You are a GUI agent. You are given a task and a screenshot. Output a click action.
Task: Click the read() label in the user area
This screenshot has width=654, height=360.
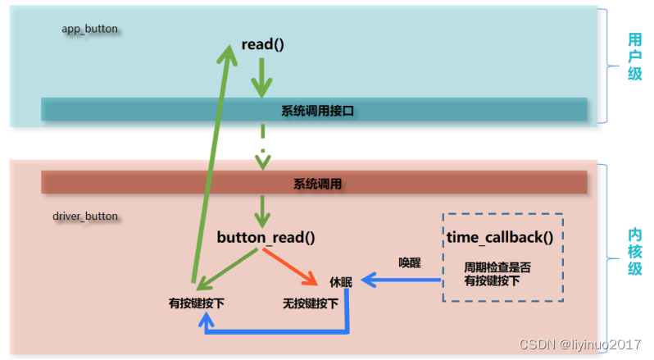[x=262, y=44]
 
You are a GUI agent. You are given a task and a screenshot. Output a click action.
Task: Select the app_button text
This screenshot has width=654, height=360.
[x=90, y=29]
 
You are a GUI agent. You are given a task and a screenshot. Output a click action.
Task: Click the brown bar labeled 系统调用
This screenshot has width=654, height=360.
[x=315, y=183]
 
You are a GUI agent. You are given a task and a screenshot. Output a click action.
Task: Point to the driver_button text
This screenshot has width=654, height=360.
[x=85, y=216]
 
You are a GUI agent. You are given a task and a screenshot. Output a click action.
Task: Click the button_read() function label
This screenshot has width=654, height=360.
[x=266, y=238]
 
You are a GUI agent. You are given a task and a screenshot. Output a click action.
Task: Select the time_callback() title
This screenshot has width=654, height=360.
[x=500, y=237]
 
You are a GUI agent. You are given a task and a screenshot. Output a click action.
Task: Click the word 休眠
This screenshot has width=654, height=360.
[x=341, y=282]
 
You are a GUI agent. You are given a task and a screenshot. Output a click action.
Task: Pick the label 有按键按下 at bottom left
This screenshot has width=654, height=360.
[x=197, y=303]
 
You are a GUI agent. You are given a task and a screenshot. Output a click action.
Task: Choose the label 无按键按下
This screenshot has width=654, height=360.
[x=310, y=303]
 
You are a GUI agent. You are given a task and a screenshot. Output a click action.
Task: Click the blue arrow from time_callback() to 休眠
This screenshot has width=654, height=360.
[x=402, y=281]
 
